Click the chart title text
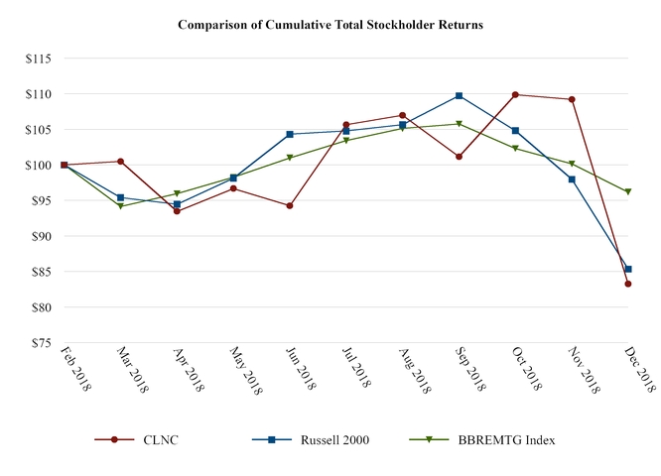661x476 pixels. tap(330, 24)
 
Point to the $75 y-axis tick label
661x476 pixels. tap(41, 343)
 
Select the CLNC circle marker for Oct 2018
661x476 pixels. tap(515, 94)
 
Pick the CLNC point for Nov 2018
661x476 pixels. tap(572, 99)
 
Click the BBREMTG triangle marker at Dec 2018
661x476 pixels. tap(628, 191)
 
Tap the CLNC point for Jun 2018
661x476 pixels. tap(290, 205)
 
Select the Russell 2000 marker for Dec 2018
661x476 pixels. tap(628, 269)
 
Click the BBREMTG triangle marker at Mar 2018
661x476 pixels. tap(120, 206)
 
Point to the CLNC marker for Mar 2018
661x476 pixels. tap(120, 161)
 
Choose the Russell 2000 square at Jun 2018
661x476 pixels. tap(290, 134)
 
